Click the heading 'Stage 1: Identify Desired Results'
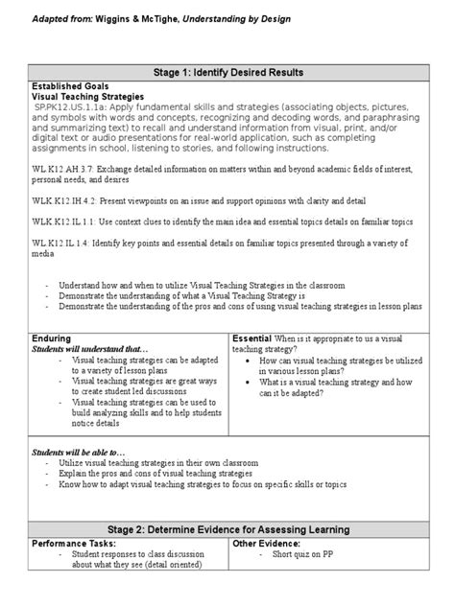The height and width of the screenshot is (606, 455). click(x=227, y=72)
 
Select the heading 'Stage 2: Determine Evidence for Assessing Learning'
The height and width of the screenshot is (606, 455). click(x=227, y=529)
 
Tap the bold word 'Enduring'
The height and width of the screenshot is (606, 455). click(x=51, y=338)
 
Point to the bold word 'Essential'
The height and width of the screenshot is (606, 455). click(x=254, y=338)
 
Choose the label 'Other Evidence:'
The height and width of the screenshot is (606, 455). click(x=268, y=543)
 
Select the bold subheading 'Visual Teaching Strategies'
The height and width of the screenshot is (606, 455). click(x=88, y=97)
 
